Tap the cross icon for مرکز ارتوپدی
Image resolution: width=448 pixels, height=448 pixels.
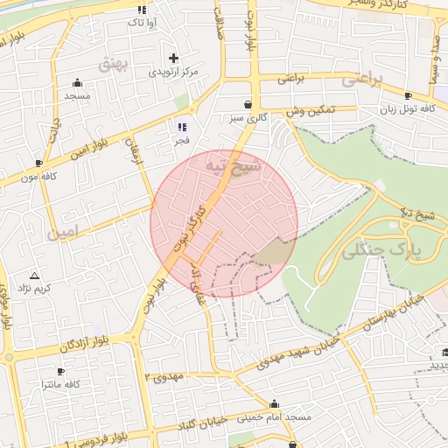tap(174, 58)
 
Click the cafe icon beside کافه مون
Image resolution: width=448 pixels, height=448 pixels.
tap(38, 163)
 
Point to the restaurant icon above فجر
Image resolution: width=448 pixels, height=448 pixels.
tap(182, 127)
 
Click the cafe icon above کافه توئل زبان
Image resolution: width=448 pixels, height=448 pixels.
tap(408, 95)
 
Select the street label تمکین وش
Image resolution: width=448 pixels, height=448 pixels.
tap(311, 112)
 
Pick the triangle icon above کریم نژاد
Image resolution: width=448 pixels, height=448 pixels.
tap(35, 275)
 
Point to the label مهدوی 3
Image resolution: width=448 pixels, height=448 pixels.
tap(160, 377)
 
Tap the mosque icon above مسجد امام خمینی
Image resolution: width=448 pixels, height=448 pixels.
tap(275, 404)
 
